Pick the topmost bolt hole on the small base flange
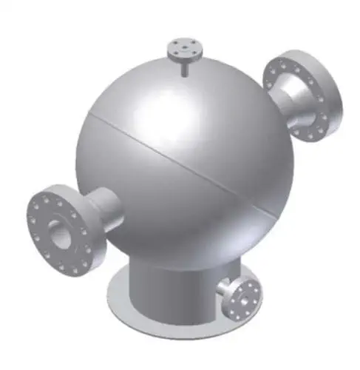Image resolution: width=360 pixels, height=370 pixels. [x=238, y=282]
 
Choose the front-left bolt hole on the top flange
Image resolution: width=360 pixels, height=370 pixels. [x=174, y=53]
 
